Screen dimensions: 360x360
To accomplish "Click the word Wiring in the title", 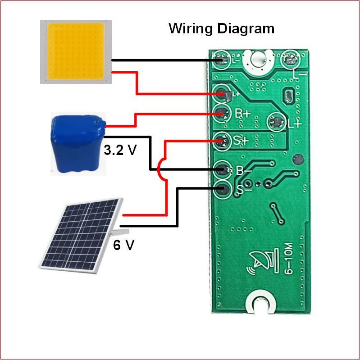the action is tap(191, 29).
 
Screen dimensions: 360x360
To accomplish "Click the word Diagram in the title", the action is tap(246, 28).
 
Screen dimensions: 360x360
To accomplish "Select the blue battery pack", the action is tap(78, 144).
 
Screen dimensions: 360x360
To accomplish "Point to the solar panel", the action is tap(81, 236).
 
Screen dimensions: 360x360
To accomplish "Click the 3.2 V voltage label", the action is tap(120, 150).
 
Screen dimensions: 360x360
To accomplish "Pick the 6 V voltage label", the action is tap(123, 245).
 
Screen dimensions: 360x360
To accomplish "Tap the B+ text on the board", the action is tap(243, 114).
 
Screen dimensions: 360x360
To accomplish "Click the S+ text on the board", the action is tap(241, 140).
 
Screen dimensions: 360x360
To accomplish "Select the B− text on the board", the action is tap(244, 171).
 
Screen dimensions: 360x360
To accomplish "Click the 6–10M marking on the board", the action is tap(289, 258).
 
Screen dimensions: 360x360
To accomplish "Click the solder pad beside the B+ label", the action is tap(222, 113).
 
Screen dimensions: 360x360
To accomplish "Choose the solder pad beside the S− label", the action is tap(222, 189).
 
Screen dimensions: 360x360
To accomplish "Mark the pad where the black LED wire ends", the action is tap(221, 60).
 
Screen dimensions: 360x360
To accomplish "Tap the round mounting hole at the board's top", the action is tap(258, 59).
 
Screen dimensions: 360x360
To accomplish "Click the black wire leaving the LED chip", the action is tap(167, 60).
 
